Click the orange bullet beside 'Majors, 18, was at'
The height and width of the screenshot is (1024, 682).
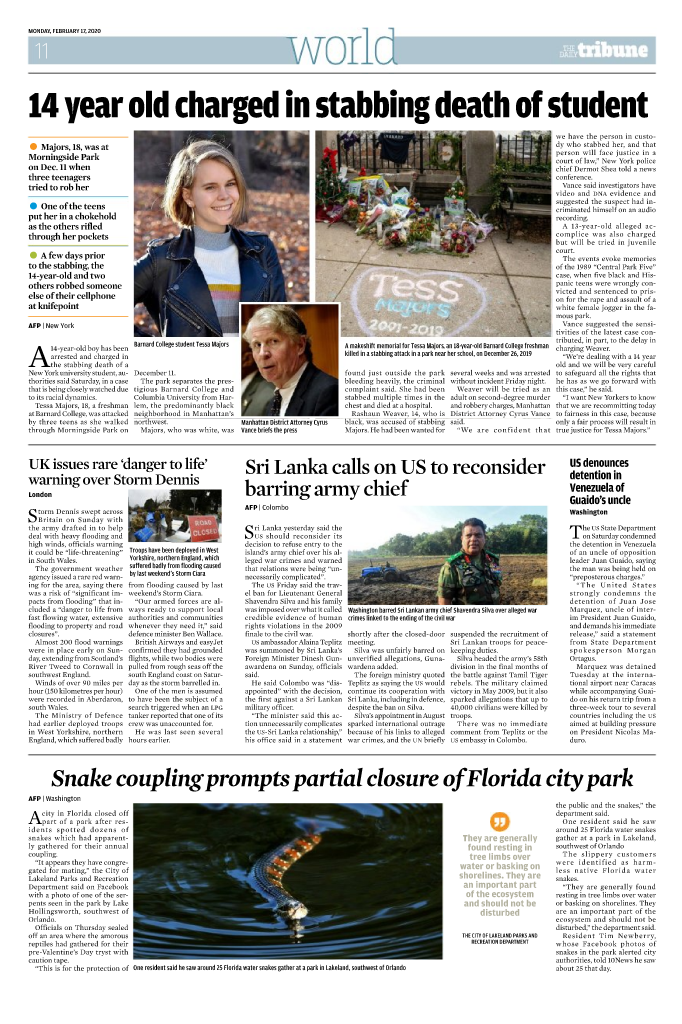34,147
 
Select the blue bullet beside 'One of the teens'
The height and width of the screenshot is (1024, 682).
34,205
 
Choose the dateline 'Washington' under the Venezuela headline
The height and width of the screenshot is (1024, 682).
589,511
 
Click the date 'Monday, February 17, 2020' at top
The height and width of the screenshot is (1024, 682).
71,29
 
